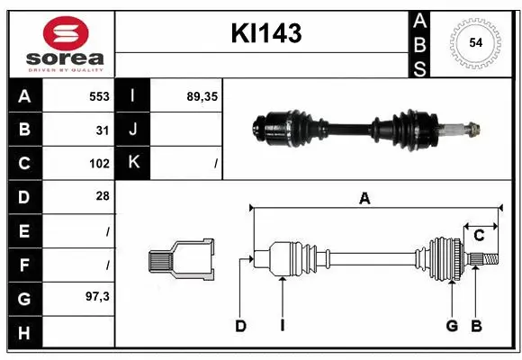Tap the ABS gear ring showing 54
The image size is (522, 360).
[475, 43]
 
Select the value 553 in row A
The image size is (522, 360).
[99, 95]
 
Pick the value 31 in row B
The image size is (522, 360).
[103, 130]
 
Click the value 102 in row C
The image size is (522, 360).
[99, 164]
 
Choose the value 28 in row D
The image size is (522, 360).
[103, 196]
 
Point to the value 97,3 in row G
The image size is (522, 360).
[97, 297]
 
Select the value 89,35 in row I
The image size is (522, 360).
[202, 95]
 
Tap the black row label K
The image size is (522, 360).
[133, 163]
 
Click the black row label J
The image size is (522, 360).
[133, 130]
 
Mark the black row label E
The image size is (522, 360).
[23, 230]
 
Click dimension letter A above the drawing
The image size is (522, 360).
[364, 199]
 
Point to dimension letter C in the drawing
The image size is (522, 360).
[479, 236]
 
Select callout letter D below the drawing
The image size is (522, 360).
[240, 326]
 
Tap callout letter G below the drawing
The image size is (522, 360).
[452, 326]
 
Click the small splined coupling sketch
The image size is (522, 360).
[181, 260]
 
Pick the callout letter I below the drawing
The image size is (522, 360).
[282, 326]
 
